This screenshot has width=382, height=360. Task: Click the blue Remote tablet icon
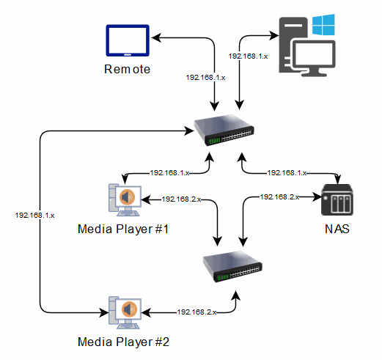tap(128, 40)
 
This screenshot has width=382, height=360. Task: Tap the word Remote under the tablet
tap(127, 69)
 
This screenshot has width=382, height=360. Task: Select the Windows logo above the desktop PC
tap(323, 25)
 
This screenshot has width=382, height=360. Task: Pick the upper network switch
tap(224, 130)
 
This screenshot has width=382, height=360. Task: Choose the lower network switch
tap(232, 266)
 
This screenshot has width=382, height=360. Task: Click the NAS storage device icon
tap(337, 199)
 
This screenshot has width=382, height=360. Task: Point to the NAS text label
tap(337, 229)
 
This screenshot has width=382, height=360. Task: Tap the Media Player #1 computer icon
tap(125, 199)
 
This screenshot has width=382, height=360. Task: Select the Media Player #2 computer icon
tap(125, 312)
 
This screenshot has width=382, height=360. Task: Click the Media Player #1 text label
tap(123, 229)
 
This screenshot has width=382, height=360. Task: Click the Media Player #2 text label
tap(123, 342)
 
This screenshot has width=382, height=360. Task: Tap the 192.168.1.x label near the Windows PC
tap(248, 56)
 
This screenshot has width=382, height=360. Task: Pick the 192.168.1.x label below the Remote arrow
tap(205, 78)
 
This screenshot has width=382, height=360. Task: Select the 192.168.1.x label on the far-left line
tap(34, 216)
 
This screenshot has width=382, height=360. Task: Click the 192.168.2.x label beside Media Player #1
tap(182, 199)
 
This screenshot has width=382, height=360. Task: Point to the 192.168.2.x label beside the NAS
tap(280, 196)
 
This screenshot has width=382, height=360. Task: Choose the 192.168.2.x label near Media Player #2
tap(196, 312)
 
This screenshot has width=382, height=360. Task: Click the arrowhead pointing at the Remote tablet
tap(156, 37)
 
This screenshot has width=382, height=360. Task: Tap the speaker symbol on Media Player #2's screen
tap(128, 309)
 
